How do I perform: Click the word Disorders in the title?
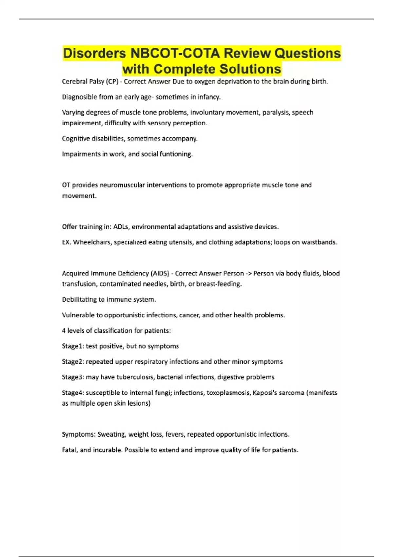tap(95, 53)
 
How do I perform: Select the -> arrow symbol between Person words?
tap(249, 273)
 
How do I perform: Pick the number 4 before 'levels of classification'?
tap(64, 331)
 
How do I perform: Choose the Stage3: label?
tap(73, 377)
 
